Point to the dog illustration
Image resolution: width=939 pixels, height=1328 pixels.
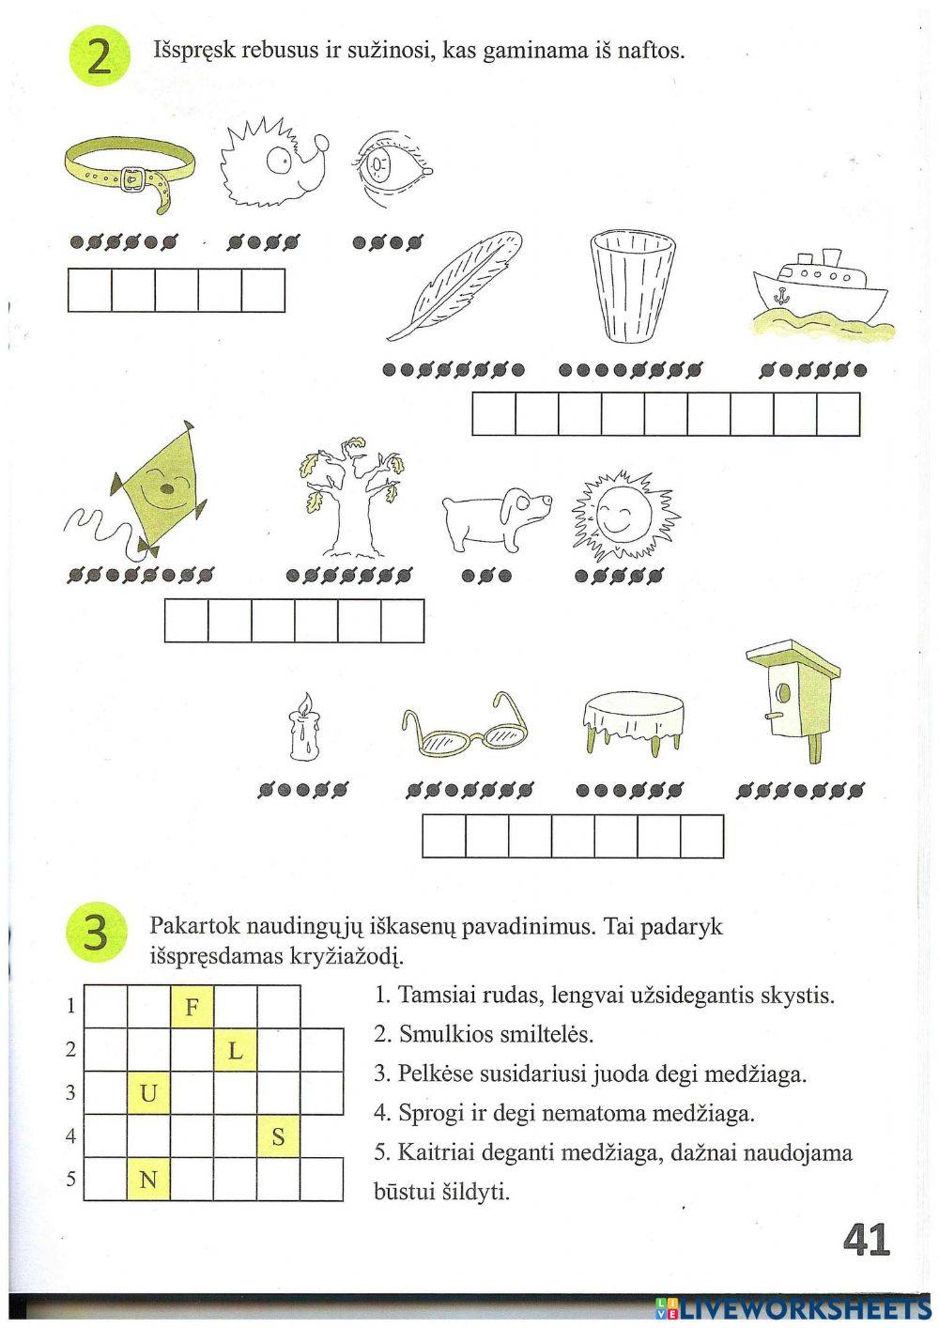494,517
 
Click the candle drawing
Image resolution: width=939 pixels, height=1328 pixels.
304,728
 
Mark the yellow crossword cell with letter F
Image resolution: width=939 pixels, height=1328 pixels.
192,1007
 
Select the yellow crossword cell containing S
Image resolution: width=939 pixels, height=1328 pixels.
278,1136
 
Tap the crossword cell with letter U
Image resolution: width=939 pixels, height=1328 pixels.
148,1092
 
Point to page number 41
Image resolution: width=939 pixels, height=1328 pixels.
865,1241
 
